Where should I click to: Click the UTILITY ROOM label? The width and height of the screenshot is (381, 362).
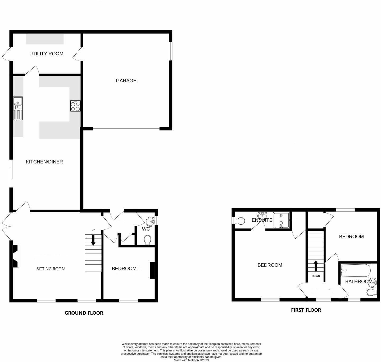[x=46, y=54]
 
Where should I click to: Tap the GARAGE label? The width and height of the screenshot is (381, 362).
[x=126, y=81]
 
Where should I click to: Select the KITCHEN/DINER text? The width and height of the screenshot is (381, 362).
[x=44, y=162]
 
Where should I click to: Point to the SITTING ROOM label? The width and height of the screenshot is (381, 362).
[x=51, y=269]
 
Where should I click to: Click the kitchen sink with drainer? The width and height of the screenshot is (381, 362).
[x=18, y=108]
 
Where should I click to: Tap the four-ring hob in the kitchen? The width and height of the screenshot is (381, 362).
[x=75, y=106]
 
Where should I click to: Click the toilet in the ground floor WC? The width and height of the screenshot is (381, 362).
[x=148, y=240]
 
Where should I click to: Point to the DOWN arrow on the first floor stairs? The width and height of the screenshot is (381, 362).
[x=316, y=266]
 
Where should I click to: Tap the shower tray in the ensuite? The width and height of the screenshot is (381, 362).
[x=281, y=220]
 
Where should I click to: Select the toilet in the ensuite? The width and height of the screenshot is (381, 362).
[x=240, y=220]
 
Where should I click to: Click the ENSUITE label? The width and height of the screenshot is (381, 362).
[x=262, y=220]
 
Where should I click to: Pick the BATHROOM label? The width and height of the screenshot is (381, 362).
[x=359, y=282]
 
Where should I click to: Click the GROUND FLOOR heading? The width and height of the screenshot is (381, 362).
[x=84, y=313]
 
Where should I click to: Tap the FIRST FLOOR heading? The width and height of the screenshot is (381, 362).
[x=306, y=310]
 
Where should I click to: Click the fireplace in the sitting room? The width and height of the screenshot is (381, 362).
[x=15, y=256]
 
